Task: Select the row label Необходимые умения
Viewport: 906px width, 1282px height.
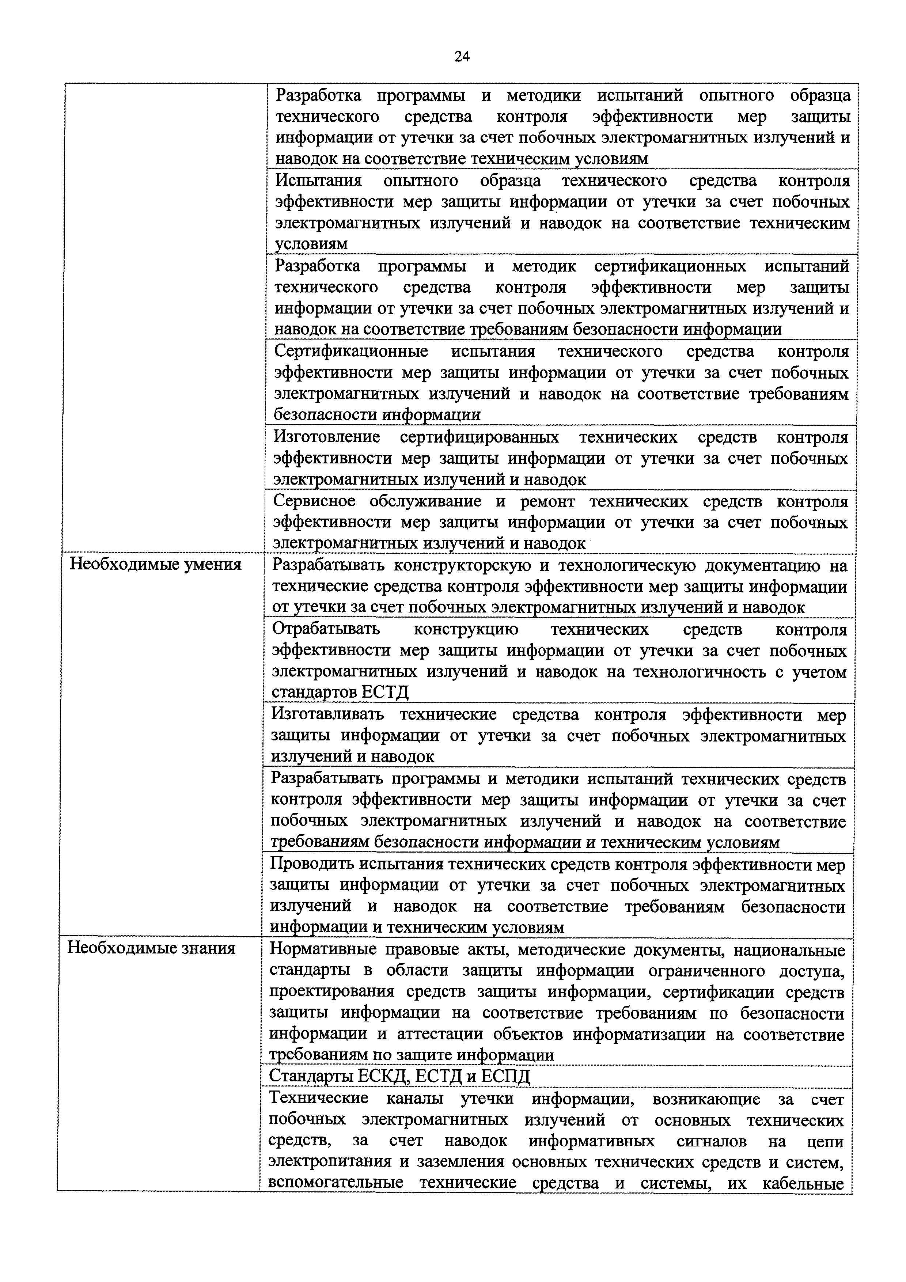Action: (155, 565)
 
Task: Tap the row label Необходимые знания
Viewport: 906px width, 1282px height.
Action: (151, 948)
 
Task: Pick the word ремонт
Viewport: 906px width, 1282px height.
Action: (547, 501)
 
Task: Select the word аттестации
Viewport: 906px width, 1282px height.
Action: (440, 1034)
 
